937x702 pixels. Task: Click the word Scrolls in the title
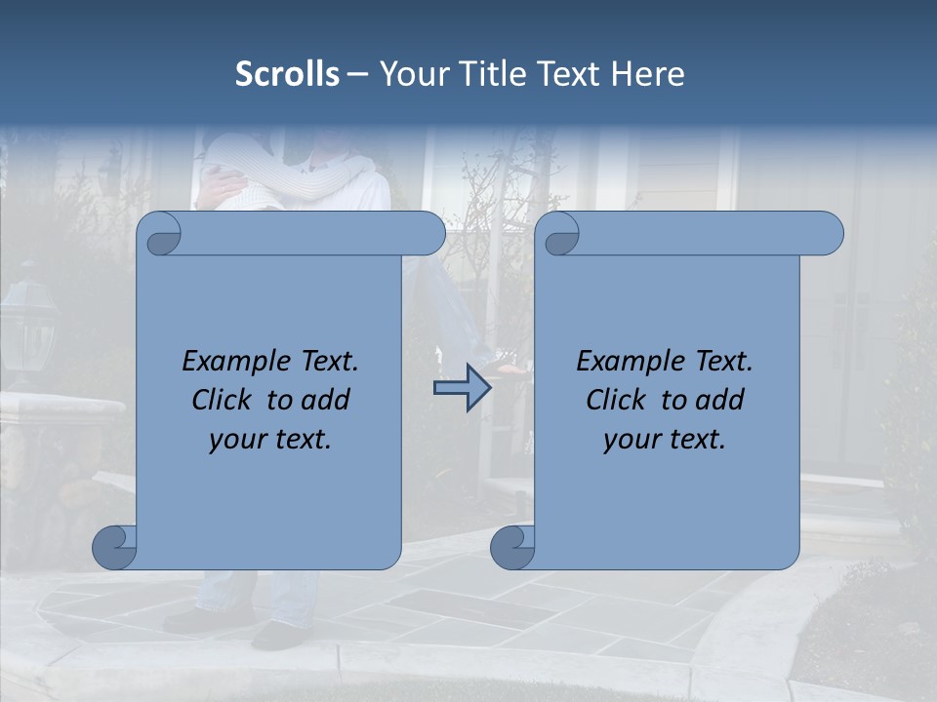click(287, 74)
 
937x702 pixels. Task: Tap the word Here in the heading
click(647, 74)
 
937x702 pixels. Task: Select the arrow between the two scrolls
click(462, 388)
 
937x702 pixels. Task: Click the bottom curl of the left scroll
click(114, 547)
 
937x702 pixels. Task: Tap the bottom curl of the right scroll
click(512, 547)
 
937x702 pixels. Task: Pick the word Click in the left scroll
click(223, 400)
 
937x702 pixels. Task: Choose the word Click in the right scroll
click(616, 400)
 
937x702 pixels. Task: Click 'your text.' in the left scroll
click(269, 440)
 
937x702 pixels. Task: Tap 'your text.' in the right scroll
click(664, 440)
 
